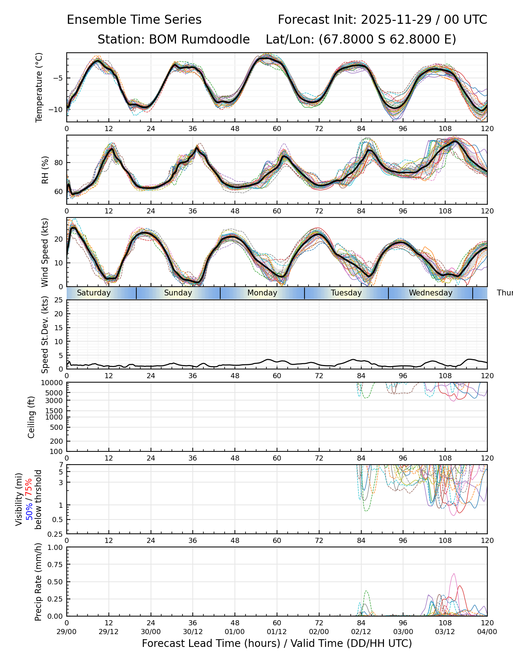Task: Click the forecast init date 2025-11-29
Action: click(x=396, y=20)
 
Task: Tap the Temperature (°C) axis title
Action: click(x=39, y=87)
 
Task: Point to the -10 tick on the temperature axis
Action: click(x=58, y=109)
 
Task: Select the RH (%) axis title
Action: click(x=45, y=170)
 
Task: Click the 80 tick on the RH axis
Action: click(x=60, y=163)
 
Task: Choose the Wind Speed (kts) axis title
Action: click(x=45, y=252)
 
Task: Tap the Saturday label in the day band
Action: click(x=94, y=293)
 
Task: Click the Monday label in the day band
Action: click(x=262, y=293)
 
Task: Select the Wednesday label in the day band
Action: click(x=431, y=293)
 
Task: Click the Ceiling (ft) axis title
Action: click(x=32, y=417)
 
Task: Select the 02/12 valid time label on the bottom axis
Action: click(x=361, y=632)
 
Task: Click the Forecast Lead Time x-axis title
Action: click(x=277, y=644)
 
